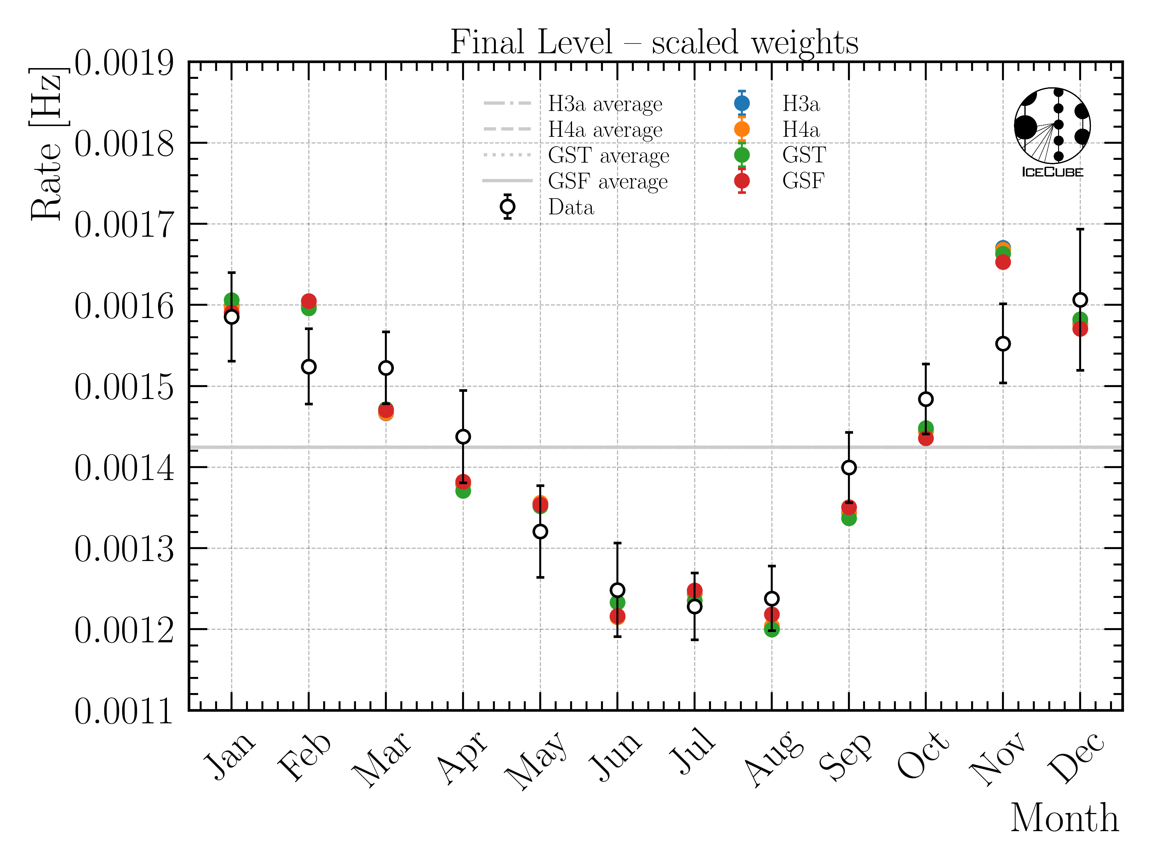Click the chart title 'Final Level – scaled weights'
click(x=654, y=42)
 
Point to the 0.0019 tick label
click(x=124, y=64)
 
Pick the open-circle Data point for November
click(x=1003, y=344)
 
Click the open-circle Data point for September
click(x=849, y=468)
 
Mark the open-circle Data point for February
click(x=309, y=367)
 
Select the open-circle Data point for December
click(x=1080, y=300)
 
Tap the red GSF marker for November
click(x=1003, y=262)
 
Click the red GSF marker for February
click(x=309, y=301)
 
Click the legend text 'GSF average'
click(x=608, y=181)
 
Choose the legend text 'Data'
click(x=571, y=207)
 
